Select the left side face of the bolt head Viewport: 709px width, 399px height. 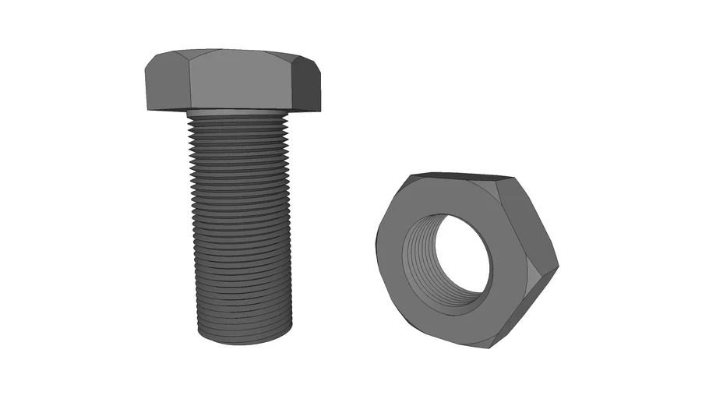(165, 84)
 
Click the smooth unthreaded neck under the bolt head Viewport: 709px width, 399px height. (238, 112)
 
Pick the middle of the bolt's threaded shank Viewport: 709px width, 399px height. (242, 226)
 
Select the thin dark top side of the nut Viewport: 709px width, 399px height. (460, 176)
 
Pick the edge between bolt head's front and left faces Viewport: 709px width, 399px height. (187, 82)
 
